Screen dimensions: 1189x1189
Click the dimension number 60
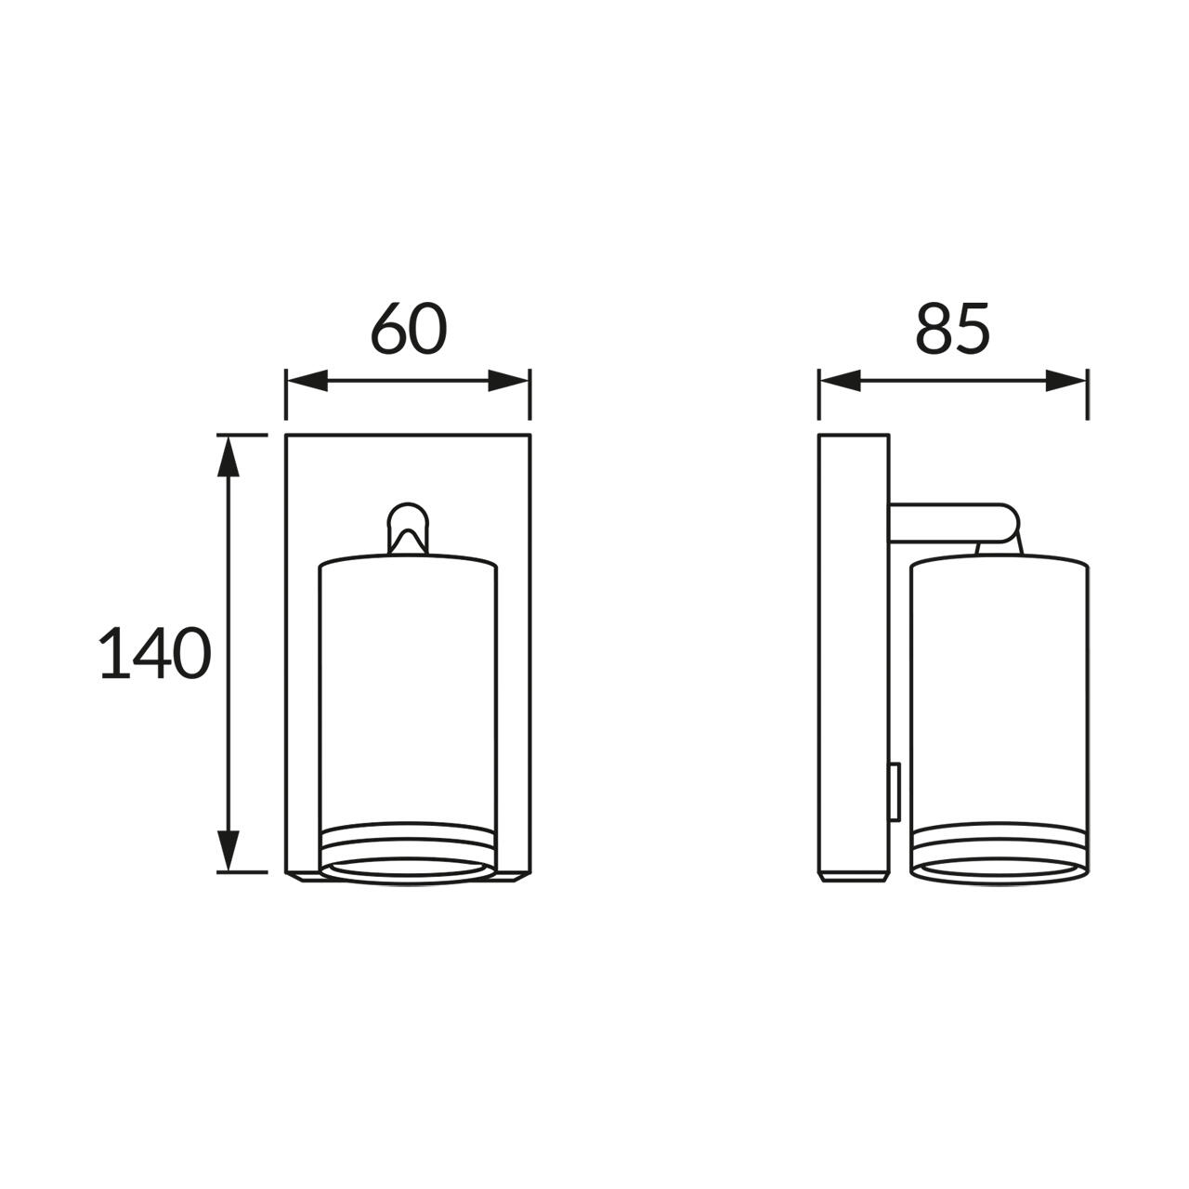409,329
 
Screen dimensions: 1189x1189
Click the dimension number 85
953,329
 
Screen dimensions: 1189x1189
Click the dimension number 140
155,653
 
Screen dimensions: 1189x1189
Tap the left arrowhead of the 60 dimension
307,381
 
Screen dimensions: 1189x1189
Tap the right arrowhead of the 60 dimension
508,381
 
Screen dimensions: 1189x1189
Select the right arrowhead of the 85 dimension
1065,381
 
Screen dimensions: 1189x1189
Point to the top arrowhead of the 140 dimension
229,457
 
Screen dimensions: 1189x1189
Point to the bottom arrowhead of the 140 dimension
229,851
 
